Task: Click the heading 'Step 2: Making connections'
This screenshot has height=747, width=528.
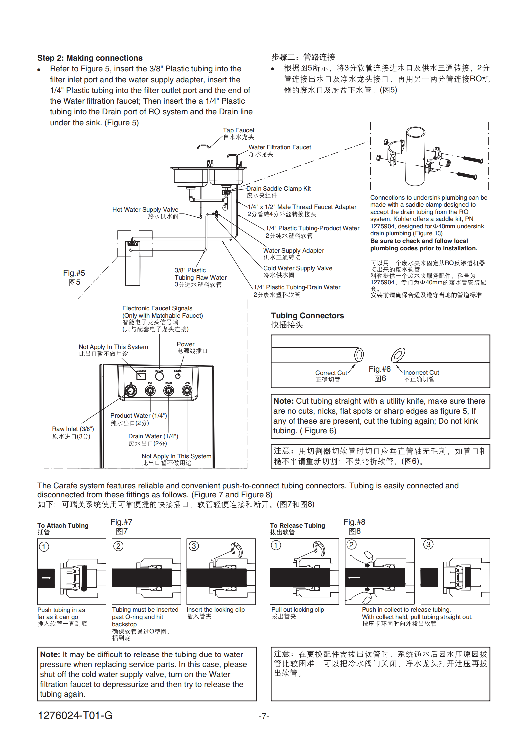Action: tap(90, 58)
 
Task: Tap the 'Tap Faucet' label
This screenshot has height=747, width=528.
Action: tap(238, 130)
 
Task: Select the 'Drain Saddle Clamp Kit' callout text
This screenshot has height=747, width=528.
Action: tap(278, 189)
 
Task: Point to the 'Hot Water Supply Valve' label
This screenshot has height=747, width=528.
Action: tap(145, 210)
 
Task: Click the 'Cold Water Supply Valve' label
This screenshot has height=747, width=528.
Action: tap(298, 268)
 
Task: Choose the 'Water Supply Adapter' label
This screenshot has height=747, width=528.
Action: tap(293, 251)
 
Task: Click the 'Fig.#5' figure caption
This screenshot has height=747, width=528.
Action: tap(74, 273)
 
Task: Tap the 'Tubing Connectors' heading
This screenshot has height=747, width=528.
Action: tap(307, 316)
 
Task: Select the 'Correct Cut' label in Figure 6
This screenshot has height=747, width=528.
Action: tap(331, 373)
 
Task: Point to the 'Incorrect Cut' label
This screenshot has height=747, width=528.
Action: tap(421, 373)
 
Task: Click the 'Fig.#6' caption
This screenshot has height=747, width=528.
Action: tap(380, 369)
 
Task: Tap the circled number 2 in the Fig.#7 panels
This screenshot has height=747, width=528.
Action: tap(118, 546)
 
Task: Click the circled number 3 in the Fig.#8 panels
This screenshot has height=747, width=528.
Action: tap(428, 545)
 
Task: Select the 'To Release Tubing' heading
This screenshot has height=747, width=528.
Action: tap(297, 526)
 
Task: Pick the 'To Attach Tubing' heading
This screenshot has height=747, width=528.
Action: tap(63, 526)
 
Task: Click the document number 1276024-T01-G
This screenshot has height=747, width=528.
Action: tap(75, 715)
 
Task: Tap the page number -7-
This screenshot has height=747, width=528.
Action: tap(264, 716)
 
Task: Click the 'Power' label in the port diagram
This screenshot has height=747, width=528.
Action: tap(185, 344)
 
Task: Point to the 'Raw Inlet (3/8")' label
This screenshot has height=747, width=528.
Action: tap(73, 429)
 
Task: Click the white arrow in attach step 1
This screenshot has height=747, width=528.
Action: tap(46, 578)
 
